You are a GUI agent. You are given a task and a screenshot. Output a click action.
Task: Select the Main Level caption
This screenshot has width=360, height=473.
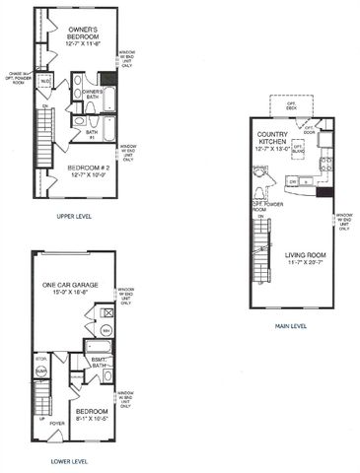point(291,326)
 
